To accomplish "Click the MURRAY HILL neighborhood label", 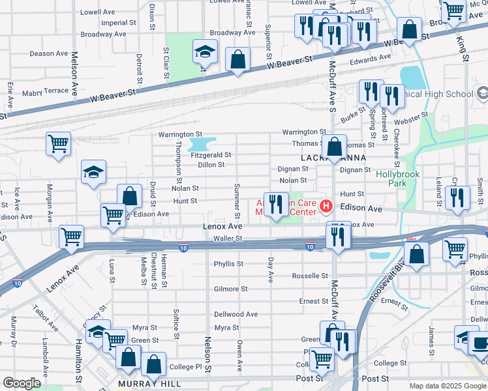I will [x=149, y=384].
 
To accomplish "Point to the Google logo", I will [x=22, y=383].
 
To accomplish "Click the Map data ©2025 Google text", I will [x=448, y=386].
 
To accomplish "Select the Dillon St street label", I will [x=211, y=165].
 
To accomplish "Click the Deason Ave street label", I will [x=51, y=54].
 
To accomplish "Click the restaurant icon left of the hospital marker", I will [x=276, y=205].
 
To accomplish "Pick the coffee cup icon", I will [x=480, y=342].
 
